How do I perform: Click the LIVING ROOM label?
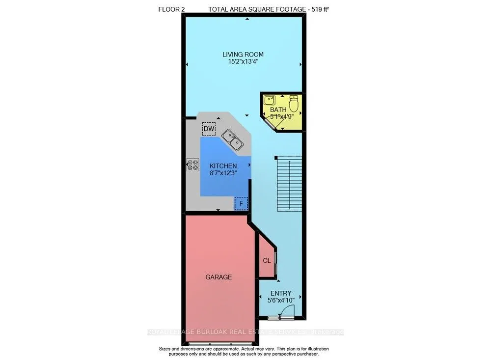pos(243,55)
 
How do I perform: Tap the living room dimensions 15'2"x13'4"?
pos(243,62)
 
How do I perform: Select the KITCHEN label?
pos(223,166)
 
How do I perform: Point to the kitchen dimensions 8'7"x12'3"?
pos(223,173)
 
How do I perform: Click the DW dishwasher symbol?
pos(209,129)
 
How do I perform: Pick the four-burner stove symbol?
pos(192,165)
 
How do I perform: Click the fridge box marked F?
pos(241,203)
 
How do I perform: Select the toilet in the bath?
pos(294,104)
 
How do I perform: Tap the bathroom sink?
pos(269,101)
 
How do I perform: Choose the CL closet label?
pos(267,261)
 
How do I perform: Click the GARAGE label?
pos(218,277)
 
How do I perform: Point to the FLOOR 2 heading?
pos(172,9)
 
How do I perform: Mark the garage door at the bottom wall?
pos(218,342)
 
